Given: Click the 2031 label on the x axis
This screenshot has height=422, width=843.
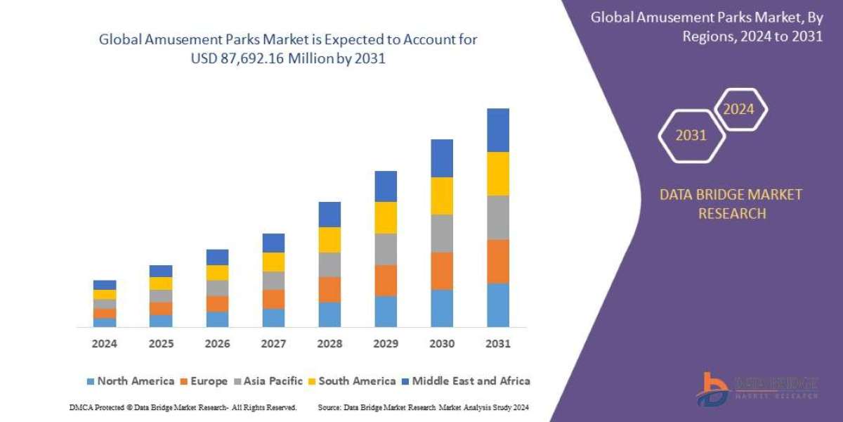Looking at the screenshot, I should (x=498, y=344).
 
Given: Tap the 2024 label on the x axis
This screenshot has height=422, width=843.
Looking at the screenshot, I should (x=105, y=344).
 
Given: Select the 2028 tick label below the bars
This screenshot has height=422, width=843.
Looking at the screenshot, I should (x=329, y=344).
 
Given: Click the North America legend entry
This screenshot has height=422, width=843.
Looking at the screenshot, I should (x=130, y=381).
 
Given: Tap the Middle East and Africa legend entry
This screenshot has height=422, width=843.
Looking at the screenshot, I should (x=466, y=381).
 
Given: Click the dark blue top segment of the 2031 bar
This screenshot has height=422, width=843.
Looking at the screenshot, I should (x=498, y=130).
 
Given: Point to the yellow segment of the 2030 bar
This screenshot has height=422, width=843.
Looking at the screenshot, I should (x=442, y=196).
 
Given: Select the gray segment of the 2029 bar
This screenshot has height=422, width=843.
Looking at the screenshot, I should (x=386, y=249).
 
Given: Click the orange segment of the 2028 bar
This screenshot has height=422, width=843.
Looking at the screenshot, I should (x=329, y=290).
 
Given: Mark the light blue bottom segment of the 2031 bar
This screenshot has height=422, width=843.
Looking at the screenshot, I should (x=498, y=305).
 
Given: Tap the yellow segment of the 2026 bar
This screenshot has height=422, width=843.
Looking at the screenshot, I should (x=217, y=273).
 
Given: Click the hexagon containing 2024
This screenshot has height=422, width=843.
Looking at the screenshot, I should (x=739, y=109).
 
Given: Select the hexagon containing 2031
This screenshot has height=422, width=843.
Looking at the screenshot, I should (x=691, y=136).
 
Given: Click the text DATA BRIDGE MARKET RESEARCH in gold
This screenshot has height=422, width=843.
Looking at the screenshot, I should (x=731, y=204).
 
